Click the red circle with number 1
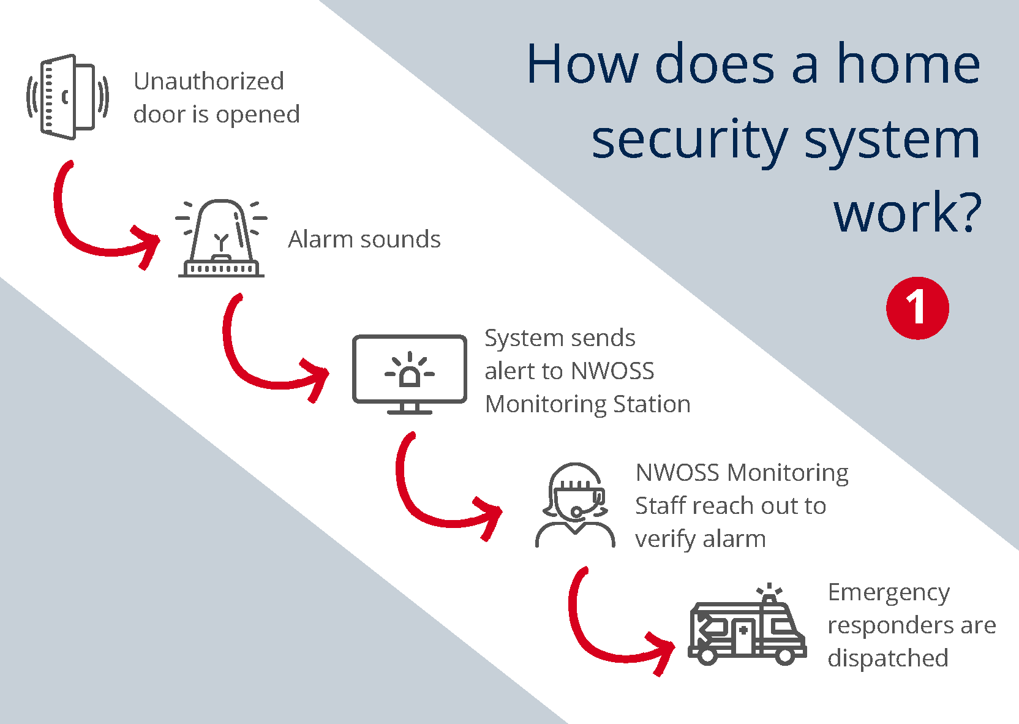pos(917,307)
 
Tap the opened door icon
pos(67,97)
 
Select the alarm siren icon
pos(221,239)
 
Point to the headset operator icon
pos(574,506)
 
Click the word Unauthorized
pos(209,81)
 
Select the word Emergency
pos(889,593)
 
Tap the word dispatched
pos(888,658)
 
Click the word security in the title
pos(690,140)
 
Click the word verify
pos(665,540)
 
